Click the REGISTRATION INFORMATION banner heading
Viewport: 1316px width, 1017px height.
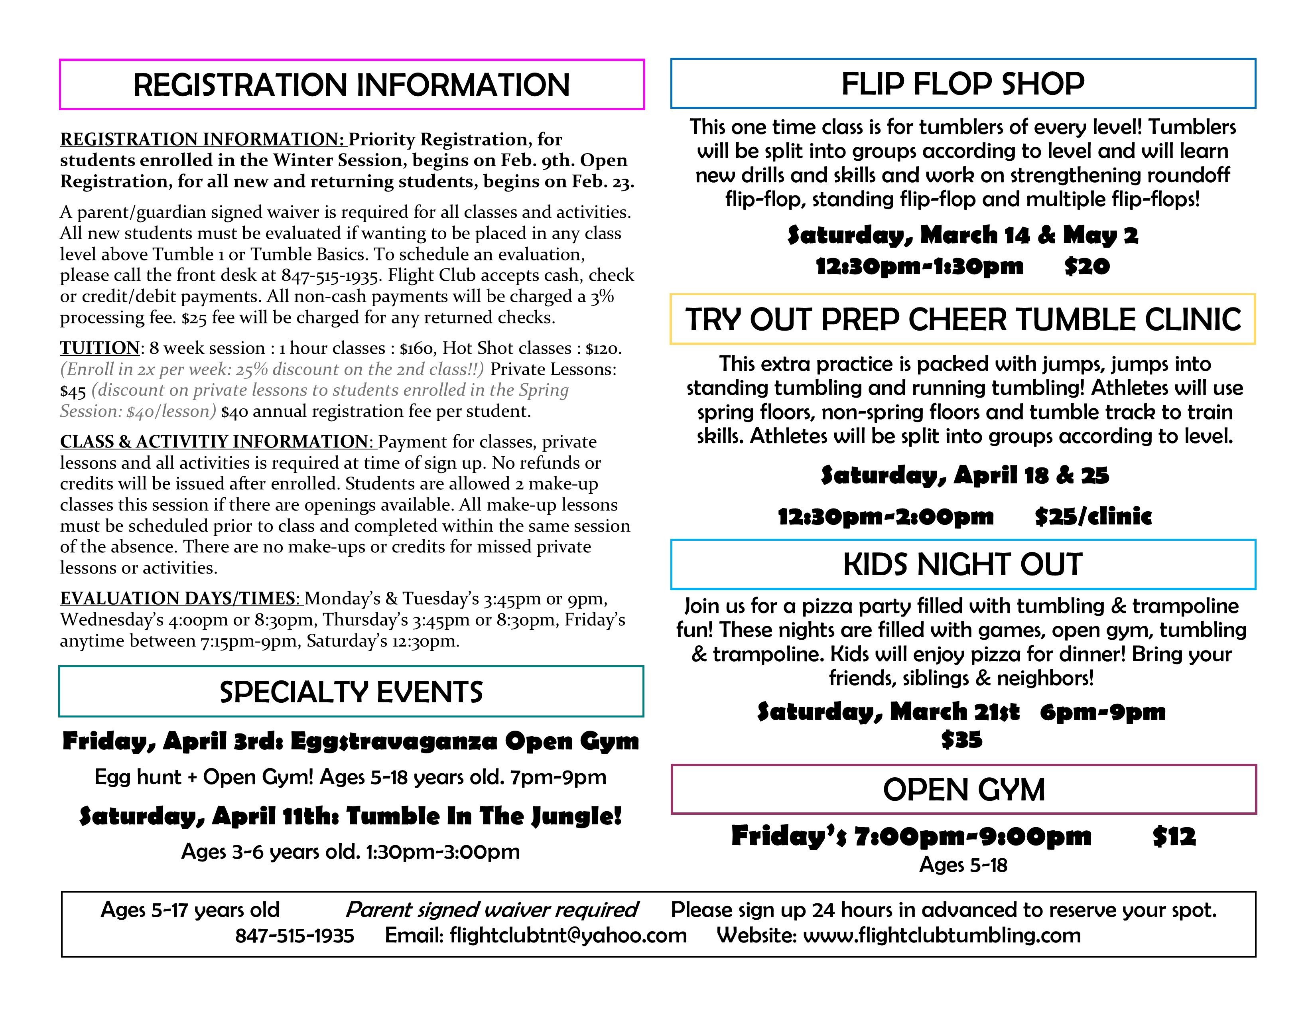click(x=351, y=85)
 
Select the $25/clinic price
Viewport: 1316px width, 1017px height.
click(x=1092, y=516)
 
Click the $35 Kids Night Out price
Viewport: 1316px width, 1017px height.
click(x=962, y=740)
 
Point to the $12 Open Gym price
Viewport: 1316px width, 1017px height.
click(x=1174, y=836)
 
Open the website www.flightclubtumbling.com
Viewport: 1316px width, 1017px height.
click(x=942, y=935)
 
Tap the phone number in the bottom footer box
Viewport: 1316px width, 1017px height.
click(x=295, y=936)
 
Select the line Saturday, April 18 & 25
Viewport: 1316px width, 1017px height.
click(x=964, y=475)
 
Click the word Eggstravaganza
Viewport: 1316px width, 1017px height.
click(x=394, y=741)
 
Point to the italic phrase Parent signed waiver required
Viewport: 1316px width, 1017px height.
click(x=492, y=909)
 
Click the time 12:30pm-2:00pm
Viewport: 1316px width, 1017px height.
click(x=885, y=516)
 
